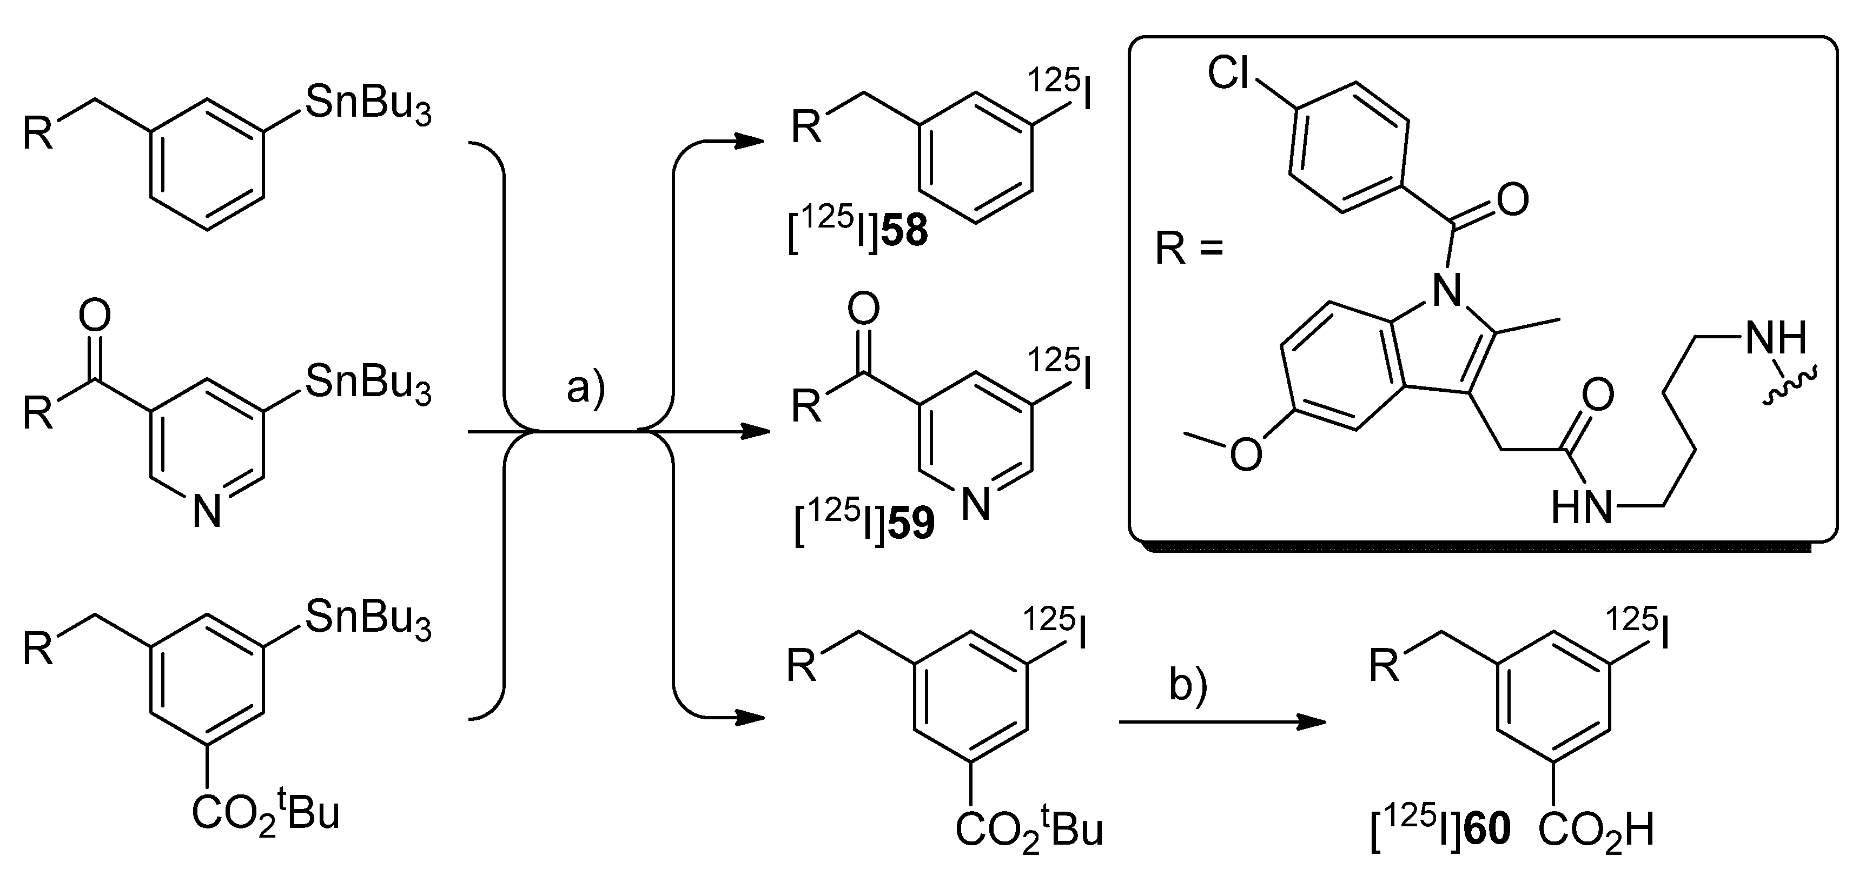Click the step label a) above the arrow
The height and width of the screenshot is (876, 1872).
(x=586, y=389)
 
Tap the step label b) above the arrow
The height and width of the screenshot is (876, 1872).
(x=1187, y=685)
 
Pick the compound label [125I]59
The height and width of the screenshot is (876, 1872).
(x=863, y=524)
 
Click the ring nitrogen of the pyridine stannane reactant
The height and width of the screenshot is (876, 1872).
(x=207, y=512)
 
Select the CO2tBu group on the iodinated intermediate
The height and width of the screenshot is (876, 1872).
(x=1029, y=829)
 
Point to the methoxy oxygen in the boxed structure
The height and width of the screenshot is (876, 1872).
(x=1246, y=454)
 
